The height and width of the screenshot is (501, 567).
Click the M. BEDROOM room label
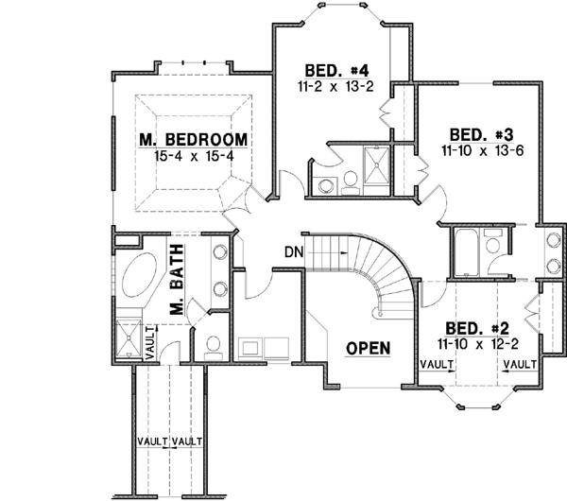[x=194, y=140]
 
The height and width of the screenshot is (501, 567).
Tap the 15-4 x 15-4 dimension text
[x=194, y=155]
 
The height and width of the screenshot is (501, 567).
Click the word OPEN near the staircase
[x=368, y=347]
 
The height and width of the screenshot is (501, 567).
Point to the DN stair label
[x=293, y=251]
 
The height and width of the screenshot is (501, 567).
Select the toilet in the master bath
[x=214, y=346]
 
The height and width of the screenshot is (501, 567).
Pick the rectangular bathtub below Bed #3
[x=467, y=252]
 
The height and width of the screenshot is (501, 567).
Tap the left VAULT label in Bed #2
[x=435, y=363]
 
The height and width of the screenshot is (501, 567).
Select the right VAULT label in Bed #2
[x=521, y=363]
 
